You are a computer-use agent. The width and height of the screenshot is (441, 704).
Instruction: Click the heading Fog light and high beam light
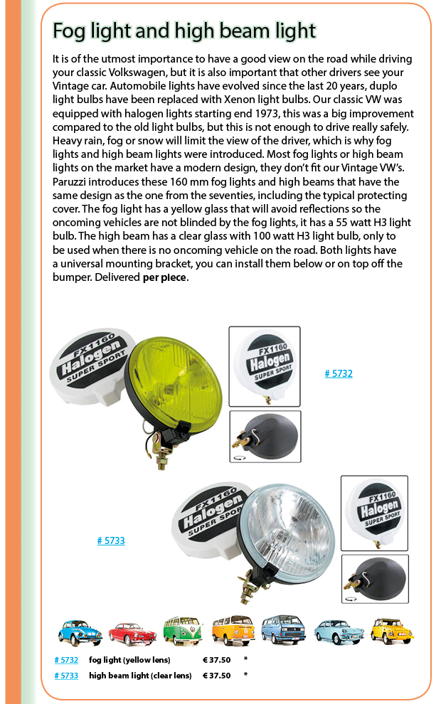pos(184,31)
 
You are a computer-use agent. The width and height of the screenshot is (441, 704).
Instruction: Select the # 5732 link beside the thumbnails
pos(339,373)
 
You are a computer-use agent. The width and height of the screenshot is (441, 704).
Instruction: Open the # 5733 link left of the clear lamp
pos(111,540)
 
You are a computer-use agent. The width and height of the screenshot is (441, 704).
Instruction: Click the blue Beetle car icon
pos(80,631)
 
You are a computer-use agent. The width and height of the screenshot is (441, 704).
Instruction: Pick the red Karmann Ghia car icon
pos(132,631)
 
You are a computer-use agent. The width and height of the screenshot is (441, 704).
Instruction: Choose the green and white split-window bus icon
pos(182,630)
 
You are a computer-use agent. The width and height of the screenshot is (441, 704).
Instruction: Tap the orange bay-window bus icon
pos(233,630)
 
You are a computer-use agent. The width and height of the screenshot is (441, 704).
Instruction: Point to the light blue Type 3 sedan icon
pos(339,631)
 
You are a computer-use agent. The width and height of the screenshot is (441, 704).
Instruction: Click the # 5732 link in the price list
pos(66,660)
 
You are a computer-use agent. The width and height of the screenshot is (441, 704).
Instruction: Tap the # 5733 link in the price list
pos(66,676)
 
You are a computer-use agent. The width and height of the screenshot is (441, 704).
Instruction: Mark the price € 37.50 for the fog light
pos(217,660)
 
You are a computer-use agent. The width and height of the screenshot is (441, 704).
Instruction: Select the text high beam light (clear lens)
pos(140,676)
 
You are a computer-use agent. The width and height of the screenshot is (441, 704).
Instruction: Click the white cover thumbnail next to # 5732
pos(265,366)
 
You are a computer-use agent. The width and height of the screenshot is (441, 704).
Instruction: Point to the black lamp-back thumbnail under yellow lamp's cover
pos(265,436)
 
